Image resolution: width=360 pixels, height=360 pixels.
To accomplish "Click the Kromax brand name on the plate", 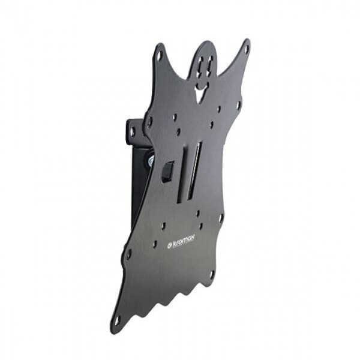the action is tap(183, 242).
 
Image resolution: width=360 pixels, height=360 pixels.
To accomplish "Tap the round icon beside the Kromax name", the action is tap(169, 245).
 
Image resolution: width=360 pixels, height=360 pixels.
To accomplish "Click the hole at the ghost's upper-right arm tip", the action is tap(247, 49).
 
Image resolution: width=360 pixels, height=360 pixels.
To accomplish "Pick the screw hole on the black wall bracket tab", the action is tap(133, 131).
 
